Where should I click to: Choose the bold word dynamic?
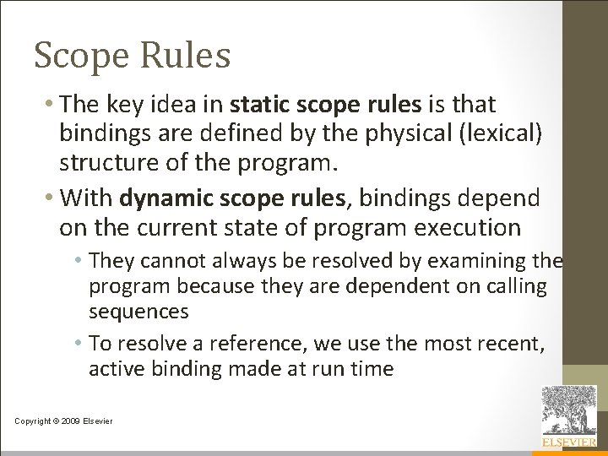point(165,198)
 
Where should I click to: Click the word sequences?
point(138,312)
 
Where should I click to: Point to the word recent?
point(514,343)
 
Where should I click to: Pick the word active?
point(117,368)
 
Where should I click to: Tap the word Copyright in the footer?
point(32,421)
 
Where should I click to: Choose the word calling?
point(517,286)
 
